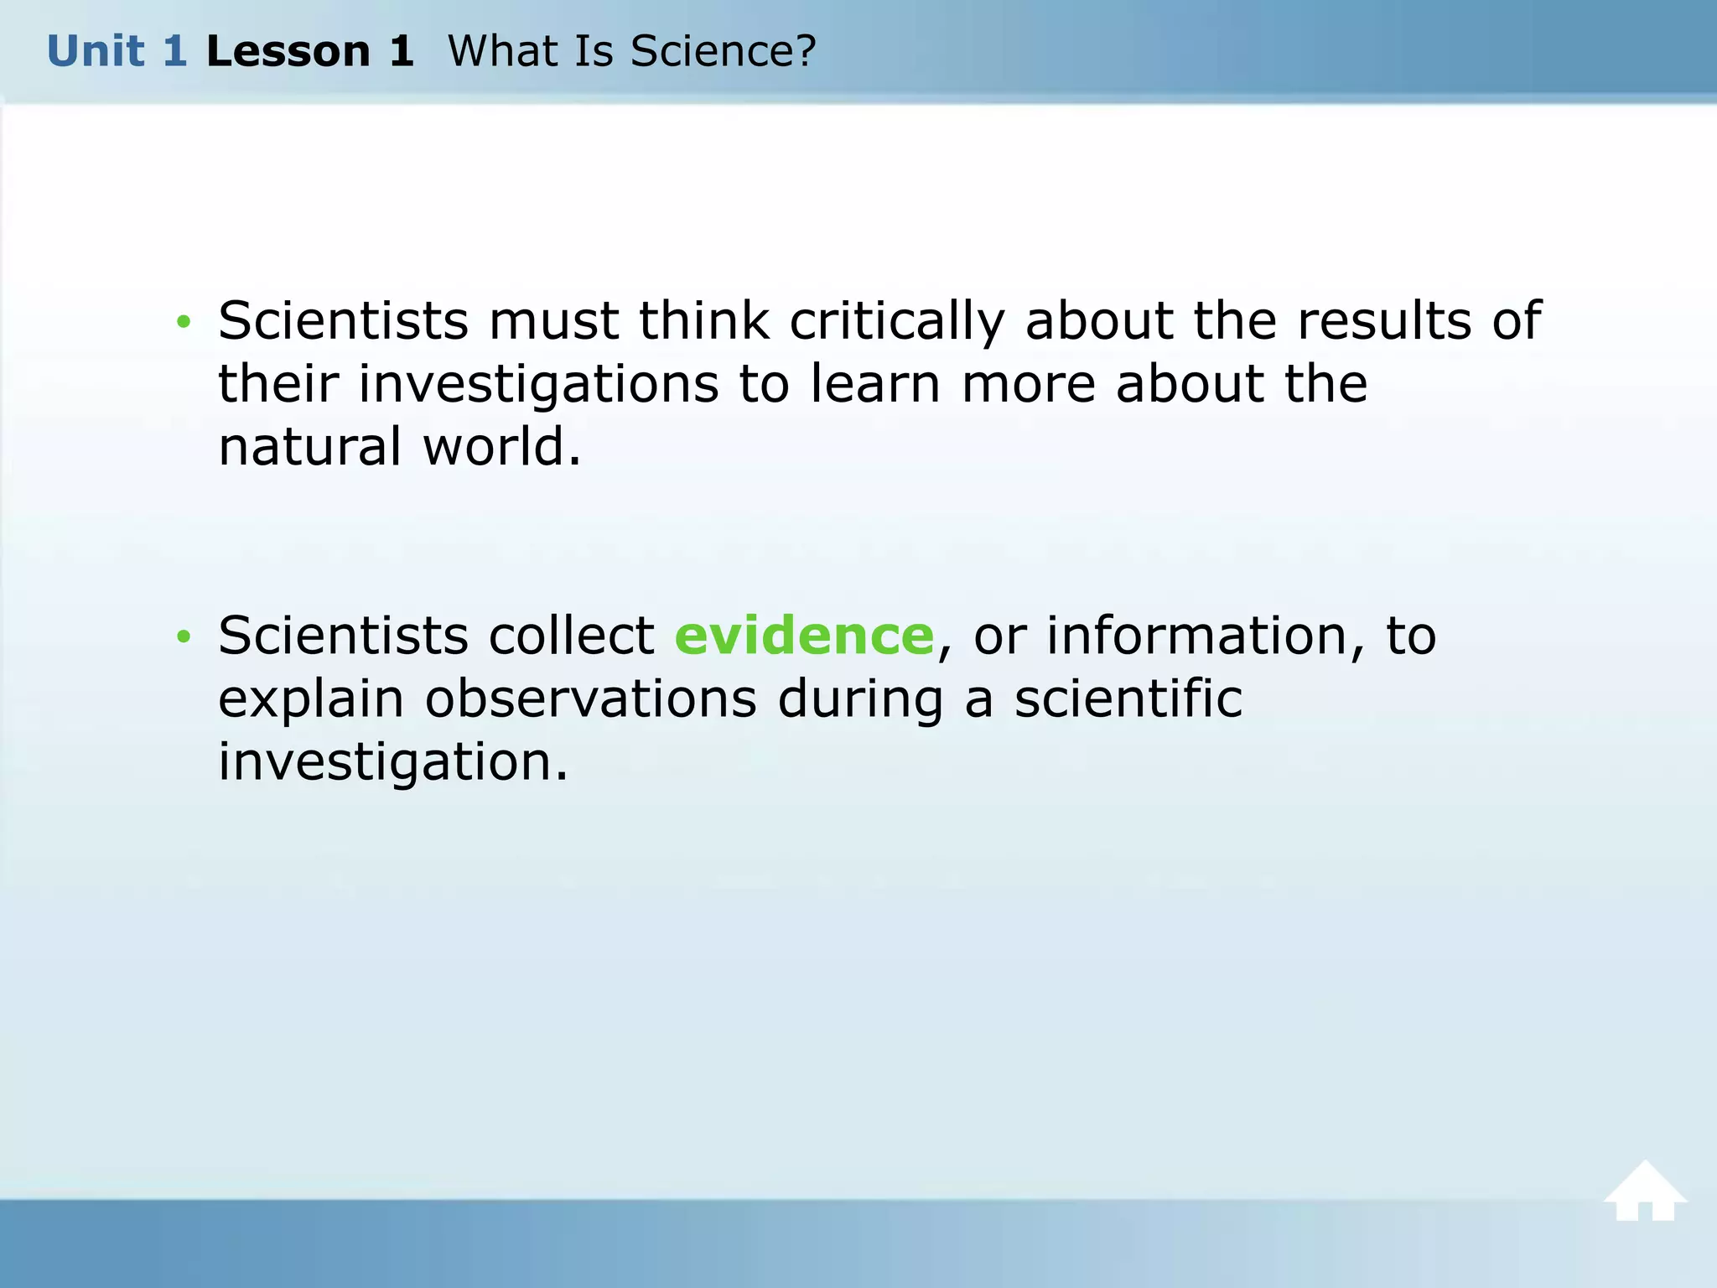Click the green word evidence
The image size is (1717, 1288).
804,636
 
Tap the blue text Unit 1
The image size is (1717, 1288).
117,51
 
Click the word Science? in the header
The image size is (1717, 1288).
723,51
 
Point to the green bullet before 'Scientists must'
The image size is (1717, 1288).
184,322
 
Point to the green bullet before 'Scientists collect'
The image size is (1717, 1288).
184,637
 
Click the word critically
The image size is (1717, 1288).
896,322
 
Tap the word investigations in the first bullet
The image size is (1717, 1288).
538,384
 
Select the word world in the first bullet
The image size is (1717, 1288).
501,446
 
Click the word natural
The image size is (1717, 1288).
310,446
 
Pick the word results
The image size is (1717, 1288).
1384,320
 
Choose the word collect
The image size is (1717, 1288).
571,636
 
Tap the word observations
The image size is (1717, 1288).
590,699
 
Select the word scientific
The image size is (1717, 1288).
1128,699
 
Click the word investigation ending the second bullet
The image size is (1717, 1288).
392,763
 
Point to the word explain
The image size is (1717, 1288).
311,700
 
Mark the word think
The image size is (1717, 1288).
704,320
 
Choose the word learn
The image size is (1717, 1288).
875,384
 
